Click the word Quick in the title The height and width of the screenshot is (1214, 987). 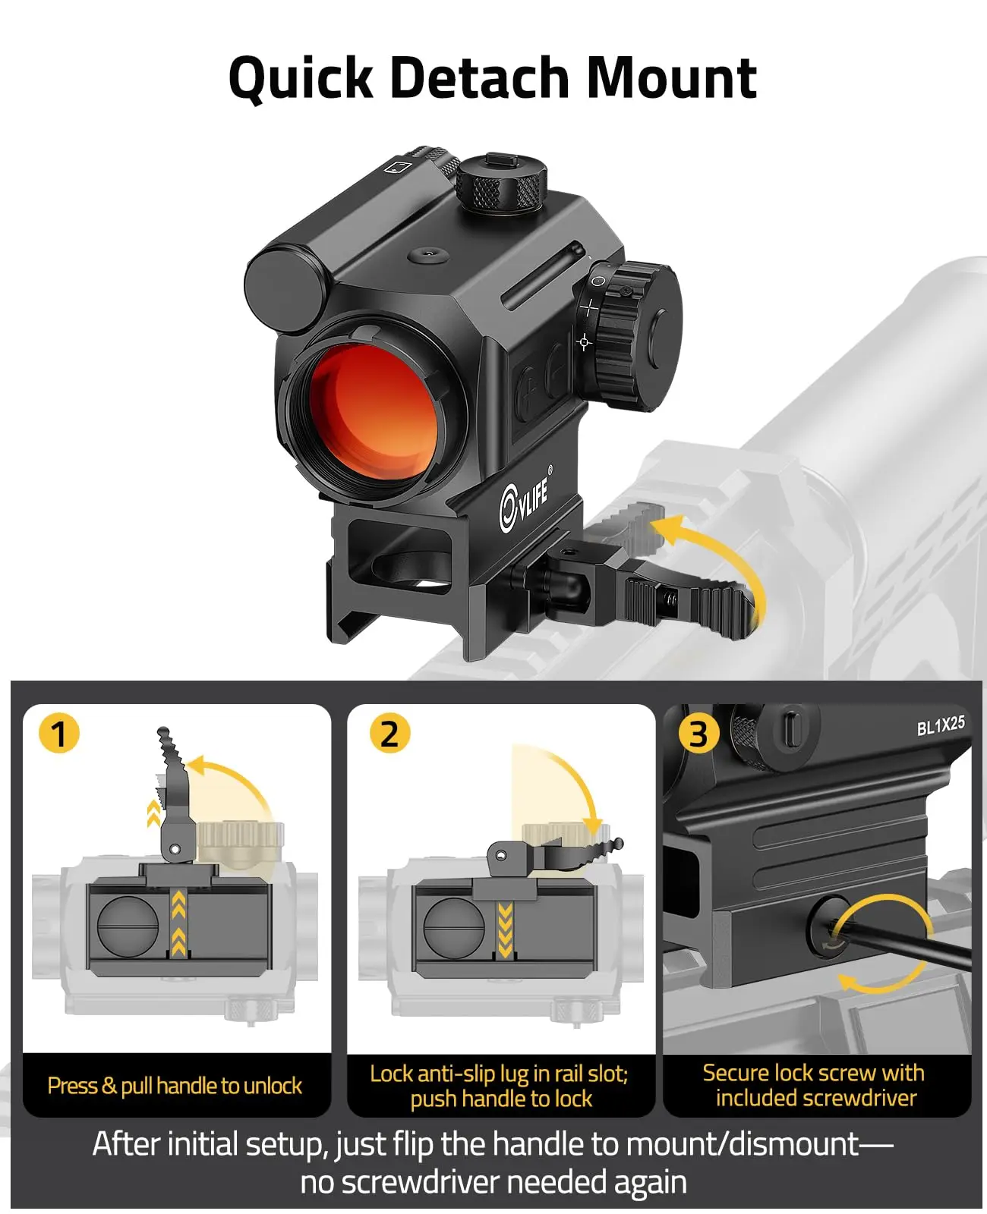301,79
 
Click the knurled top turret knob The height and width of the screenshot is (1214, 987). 502,182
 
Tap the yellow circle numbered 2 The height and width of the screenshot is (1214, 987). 390,733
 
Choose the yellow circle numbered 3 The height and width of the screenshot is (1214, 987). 699,734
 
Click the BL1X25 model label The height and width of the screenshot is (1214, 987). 941,725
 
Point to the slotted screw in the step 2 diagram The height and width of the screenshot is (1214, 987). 455,926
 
